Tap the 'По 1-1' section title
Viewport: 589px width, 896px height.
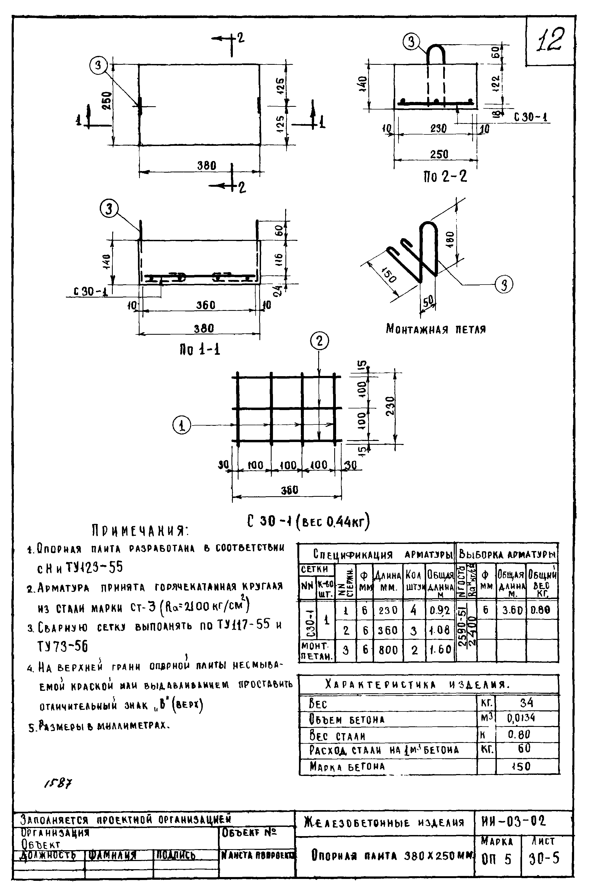pos(199,350)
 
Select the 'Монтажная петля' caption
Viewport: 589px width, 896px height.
pos(436,329)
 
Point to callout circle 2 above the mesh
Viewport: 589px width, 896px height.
pos(319,341)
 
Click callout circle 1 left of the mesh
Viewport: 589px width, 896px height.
pos(182,426)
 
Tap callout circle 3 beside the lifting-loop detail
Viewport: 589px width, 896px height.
pos(504,284)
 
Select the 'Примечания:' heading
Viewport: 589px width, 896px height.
pos(140,531)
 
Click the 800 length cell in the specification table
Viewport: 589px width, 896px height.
pos(388,650)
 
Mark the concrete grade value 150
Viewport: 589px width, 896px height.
pos(521,766)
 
